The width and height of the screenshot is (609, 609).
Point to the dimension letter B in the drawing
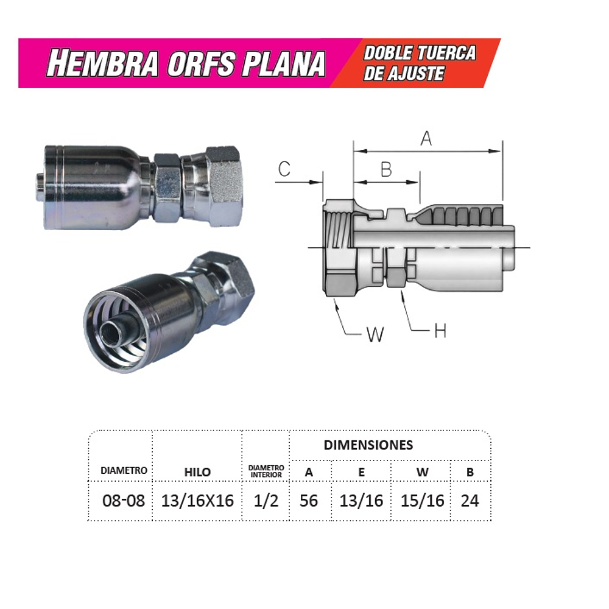[x=385, y=169]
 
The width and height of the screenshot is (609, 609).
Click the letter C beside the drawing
[x=284, y=169]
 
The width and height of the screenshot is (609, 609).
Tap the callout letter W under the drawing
[x=375, y=334]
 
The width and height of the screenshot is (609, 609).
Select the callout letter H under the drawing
[x=440, y=331]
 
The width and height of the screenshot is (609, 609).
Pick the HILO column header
[x=197, y=472]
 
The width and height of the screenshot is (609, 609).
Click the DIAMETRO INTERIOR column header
[x=266, y=471]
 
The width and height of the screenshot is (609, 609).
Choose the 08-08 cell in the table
[x=124, y=501]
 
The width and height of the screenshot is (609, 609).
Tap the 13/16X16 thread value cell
[x=197, y=501]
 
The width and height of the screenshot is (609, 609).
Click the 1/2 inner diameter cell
[x=266, y=501]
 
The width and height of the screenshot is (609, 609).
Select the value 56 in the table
[x=309, y=501]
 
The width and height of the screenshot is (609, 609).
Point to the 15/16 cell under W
[x=422, y=501]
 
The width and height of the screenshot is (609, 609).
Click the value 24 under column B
[x=470, y=501]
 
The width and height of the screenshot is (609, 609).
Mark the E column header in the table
[x=362, y=472]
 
